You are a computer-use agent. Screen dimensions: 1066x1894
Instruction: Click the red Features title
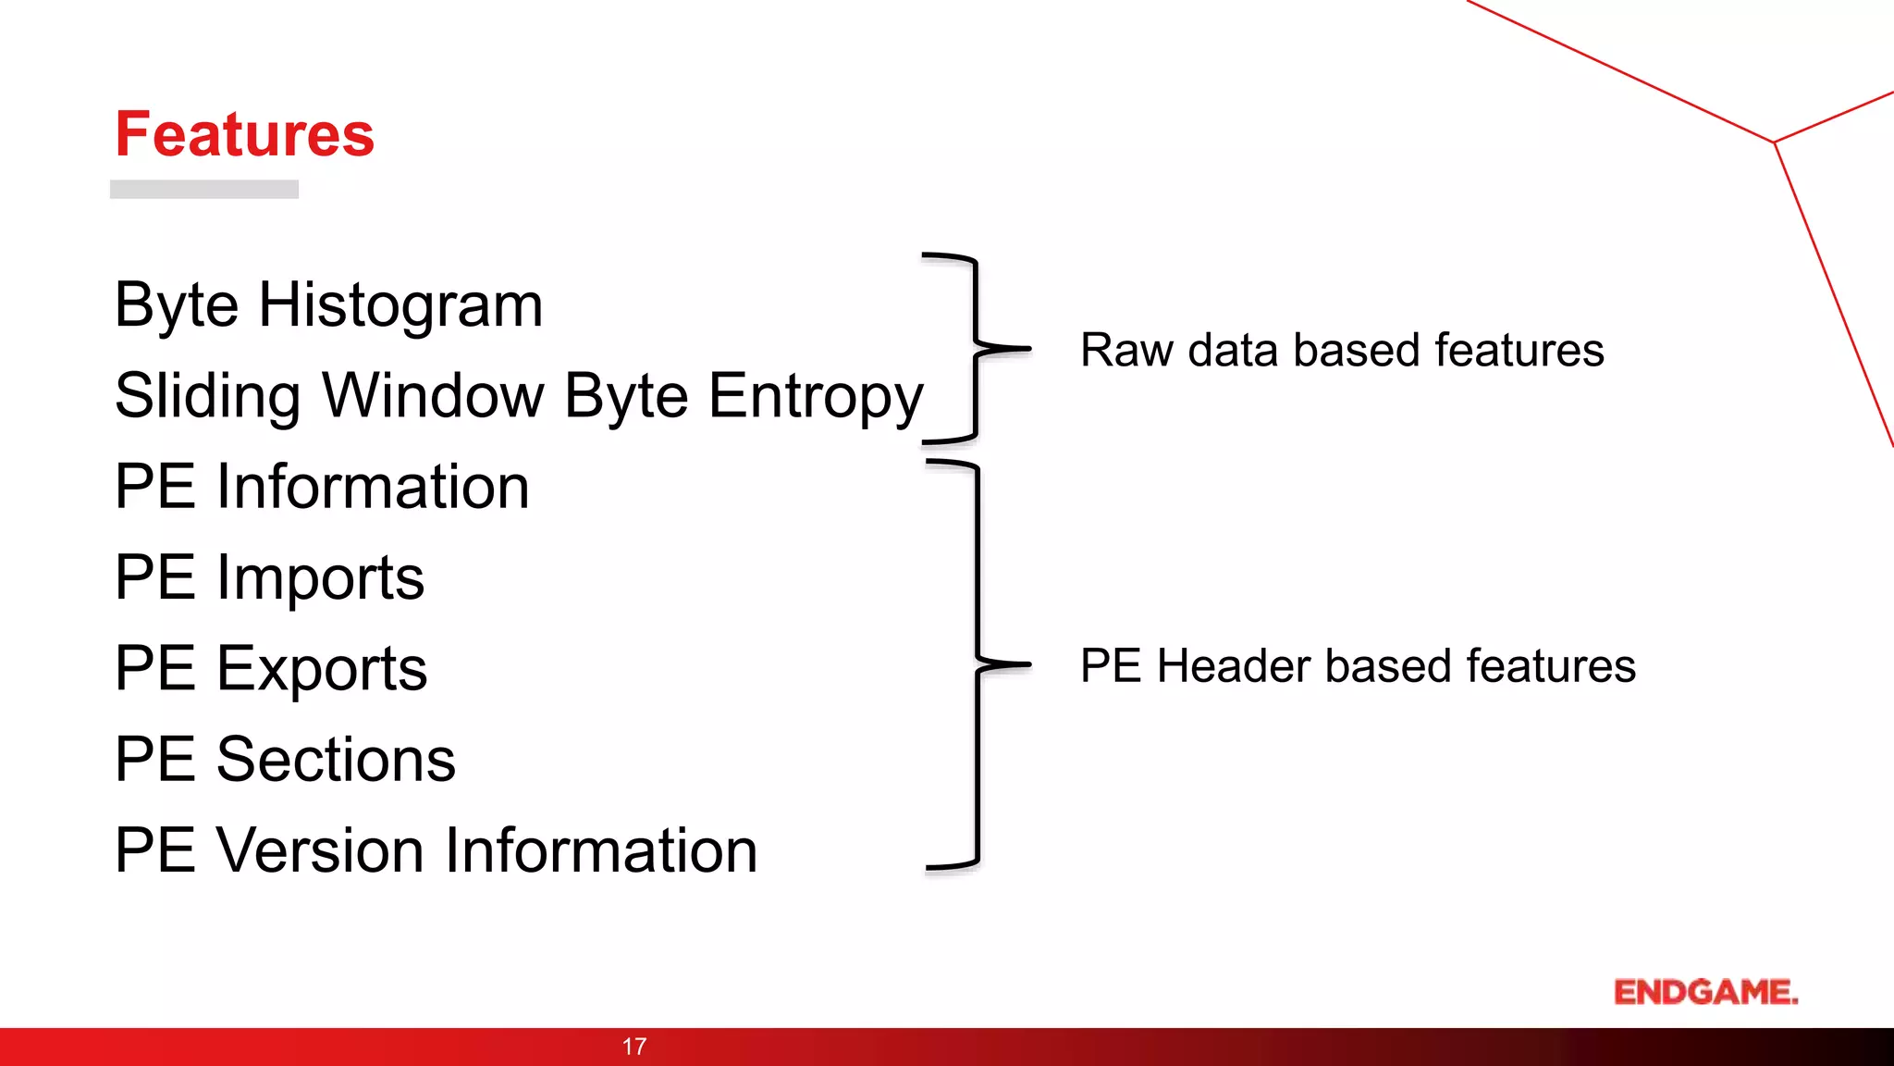(244, 135)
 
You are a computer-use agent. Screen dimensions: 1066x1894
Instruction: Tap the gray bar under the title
(203, 189)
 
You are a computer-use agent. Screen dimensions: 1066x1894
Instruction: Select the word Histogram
(400, 305)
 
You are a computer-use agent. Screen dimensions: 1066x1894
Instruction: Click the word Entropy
(816, 397)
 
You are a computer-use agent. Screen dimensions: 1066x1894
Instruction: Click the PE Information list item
(322, 487)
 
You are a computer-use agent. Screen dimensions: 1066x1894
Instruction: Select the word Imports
(320, 578)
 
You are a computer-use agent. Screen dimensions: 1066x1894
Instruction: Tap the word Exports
(321, 669)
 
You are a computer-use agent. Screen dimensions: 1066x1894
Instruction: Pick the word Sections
(336, 760)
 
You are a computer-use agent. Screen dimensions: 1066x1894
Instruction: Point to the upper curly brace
(977, 348)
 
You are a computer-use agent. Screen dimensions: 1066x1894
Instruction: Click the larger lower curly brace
(978, 663)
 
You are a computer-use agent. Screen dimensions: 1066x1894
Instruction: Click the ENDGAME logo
(1705, 992)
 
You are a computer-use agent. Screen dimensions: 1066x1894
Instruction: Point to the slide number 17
(634, 1047)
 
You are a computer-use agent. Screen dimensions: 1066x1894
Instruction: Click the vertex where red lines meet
(1774, 143)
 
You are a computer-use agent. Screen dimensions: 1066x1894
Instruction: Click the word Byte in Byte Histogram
(177, 305)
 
